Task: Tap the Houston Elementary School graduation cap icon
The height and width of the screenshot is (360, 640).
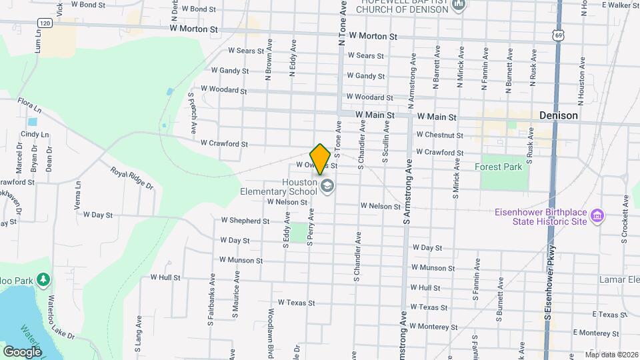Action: pyautogui.click(x=327, y=185)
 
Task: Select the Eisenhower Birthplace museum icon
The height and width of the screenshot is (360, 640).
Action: pyautogui.click(x=598, y=216)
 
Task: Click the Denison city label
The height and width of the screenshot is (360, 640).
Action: pyautogui.click(x=558, y=115)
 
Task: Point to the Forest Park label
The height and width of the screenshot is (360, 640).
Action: pyautogui.click(x=498, y=167)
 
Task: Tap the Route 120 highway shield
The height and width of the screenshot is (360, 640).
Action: pyautogui.click(x=45, y=23)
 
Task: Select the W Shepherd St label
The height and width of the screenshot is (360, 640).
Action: pyautogui.click(x=245, y=220)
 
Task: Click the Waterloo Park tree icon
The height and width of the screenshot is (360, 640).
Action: pyautogui.click(x=43, y=278)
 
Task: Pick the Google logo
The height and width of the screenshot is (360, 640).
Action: pyautogui.click(x=22, y=351)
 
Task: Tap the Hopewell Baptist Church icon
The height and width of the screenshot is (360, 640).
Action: pyautogui.click(x=458, y=6)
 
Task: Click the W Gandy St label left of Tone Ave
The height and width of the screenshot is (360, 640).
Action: pyautogui.click(x=229, y=70)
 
